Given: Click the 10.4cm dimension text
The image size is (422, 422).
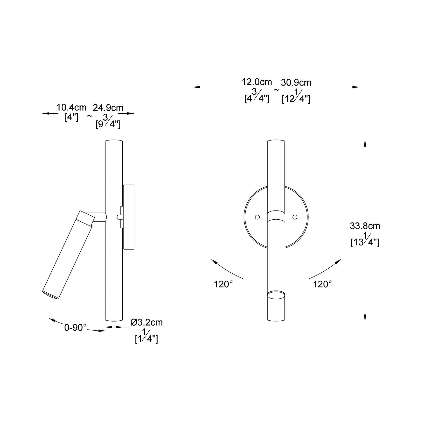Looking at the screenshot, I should tap(71, 107).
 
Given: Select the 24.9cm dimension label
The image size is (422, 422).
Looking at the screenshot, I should tap(108, 108).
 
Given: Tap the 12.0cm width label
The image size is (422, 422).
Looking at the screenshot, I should tap(257, 82).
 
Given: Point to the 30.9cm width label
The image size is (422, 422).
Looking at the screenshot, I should tap(296, 83).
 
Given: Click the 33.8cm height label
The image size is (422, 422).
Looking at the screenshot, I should tap(365, 226).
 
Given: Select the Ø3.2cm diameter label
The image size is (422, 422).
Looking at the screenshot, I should tap(147, 322).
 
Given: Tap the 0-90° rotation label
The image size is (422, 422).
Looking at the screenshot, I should tap(75, 328).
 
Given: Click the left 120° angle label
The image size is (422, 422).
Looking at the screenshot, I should tap(223, 284).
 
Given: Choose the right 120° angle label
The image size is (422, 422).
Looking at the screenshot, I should tap(322, 284).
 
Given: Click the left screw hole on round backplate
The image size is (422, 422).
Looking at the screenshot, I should tap(257, 217).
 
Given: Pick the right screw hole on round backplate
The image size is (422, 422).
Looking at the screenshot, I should tap(295, 217).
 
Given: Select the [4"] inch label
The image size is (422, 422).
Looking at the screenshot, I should tap(71, 117).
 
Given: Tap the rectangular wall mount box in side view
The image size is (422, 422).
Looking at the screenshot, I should tap(129, 217).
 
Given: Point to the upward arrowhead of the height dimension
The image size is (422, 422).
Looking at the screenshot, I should tap(365, 143).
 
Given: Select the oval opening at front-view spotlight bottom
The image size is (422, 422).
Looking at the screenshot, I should tap(276, 294).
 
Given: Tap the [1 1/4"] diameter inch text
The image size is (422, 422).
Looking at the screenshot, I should tap(146, 337).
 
